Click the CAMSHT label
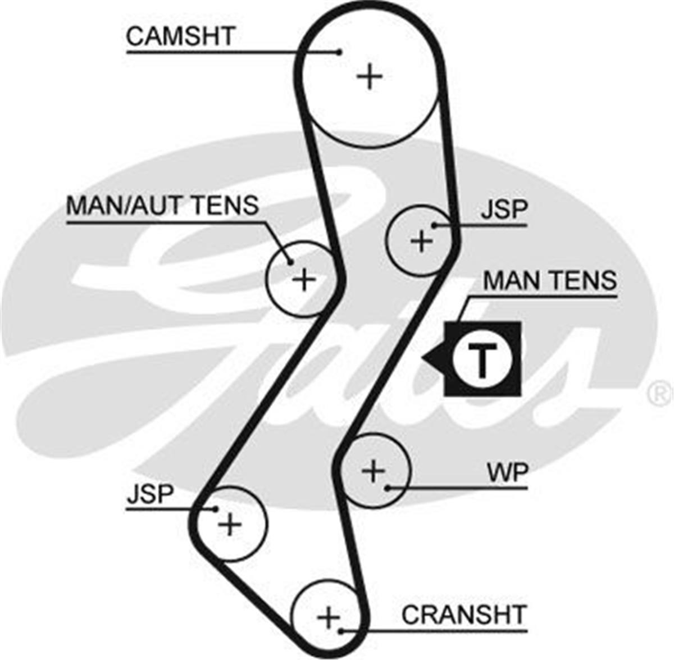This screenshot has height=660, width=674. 180,36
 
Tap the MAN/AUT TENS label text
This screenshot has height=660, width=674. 163,205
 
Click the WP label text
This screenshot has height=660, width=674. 508,472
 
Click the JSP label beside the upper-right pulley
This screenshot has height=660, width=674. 504,210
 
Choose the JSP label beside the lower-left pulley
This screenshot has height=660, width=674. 150,493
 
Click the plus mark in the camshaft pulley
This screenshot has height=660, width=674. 370,76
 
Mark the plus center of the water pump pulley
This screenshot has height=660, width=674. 373,471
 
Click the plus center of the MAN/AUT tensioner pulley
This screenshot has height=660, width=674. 304,279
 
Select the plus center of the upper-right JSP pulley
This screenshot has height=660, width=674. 422,241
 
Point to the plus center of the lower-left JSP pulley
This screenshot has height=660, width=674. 230,524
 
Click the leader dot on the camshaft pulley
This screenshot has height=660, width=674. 339,52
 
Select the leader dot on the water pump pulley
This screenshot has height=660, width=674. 388,488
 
